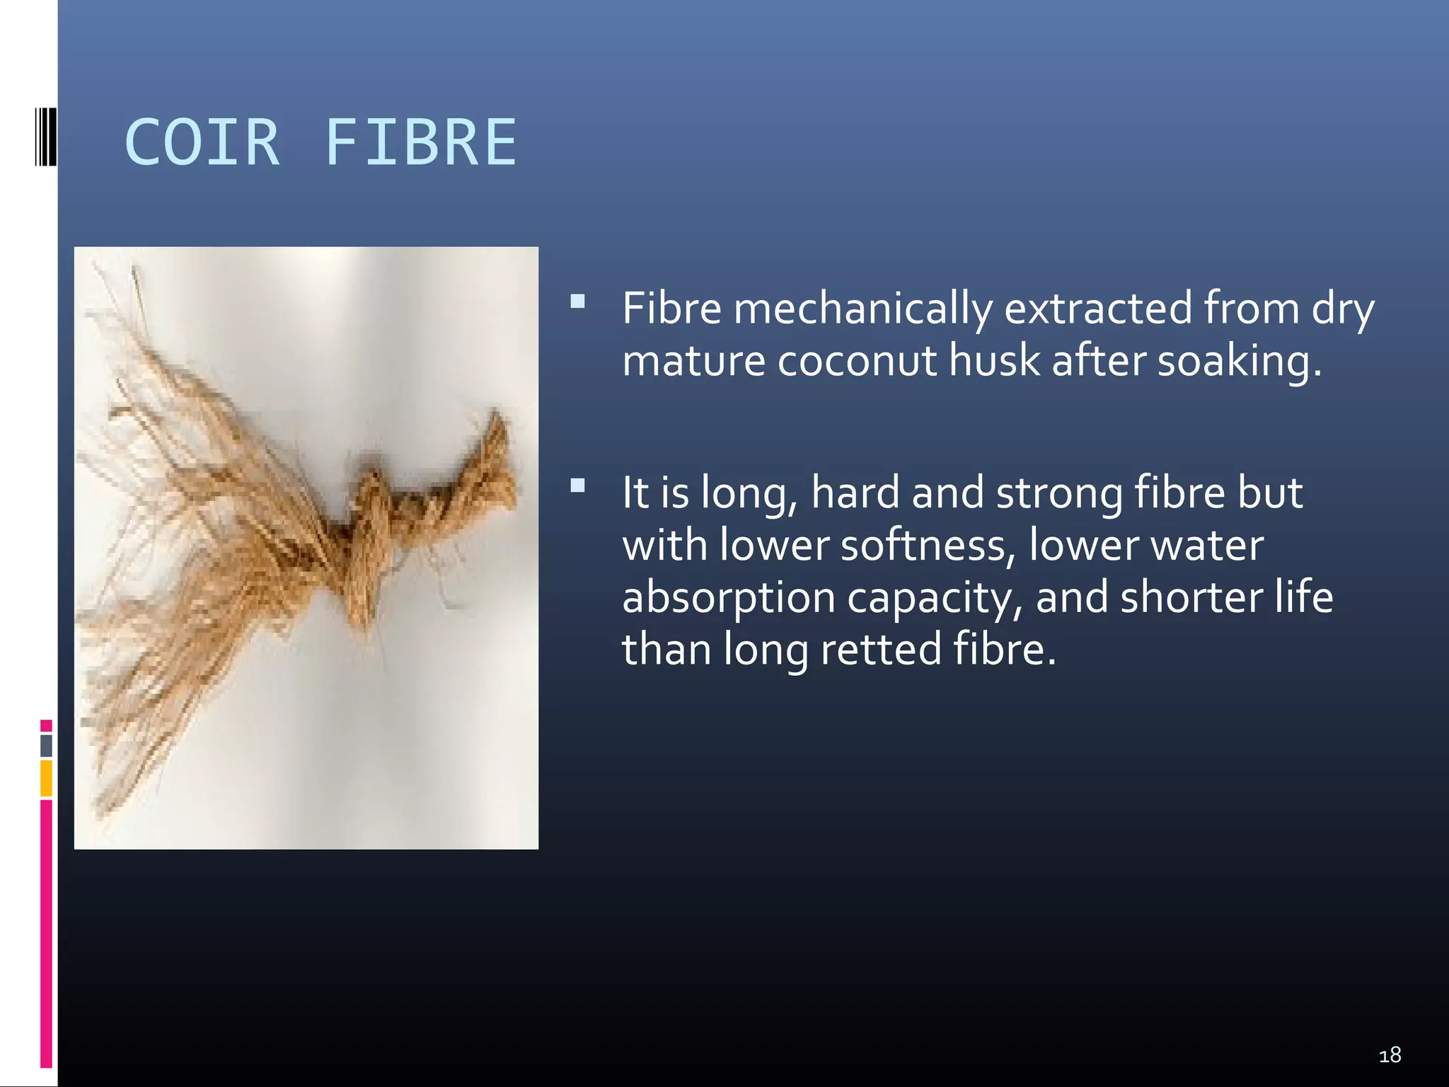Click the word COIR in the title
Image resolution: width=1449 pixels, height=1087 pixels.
pos(202,143)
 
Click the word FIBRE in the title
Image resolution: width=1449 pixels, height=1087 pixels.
pos(420,143)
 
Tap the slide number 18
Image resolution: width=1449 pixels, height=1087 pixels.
pos(1390,1055)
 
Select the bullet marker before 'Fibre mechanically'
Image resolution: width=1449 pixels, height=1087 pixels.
pos(577,302)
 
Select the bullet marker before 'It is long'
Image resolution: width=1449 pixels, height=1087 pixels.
pos(577,485)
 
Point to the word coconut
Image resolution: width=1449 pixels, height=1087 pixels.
pos(857,360)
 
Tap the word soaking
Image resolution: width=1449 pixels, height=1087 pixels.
pos(1238,361)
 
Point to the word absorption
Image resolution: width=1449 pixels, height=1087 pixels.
pos(728,598)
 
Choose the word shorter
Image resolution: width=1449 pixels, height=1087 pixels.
pos(1190,597)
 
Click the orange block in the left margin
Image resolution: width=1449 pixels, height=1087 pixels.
pos(46,778)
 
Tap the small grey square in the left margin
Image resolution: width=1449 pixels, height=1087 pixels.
pos(46,745)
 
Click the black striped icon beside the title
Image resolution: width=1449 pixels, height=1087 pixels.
pos(45,136)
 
